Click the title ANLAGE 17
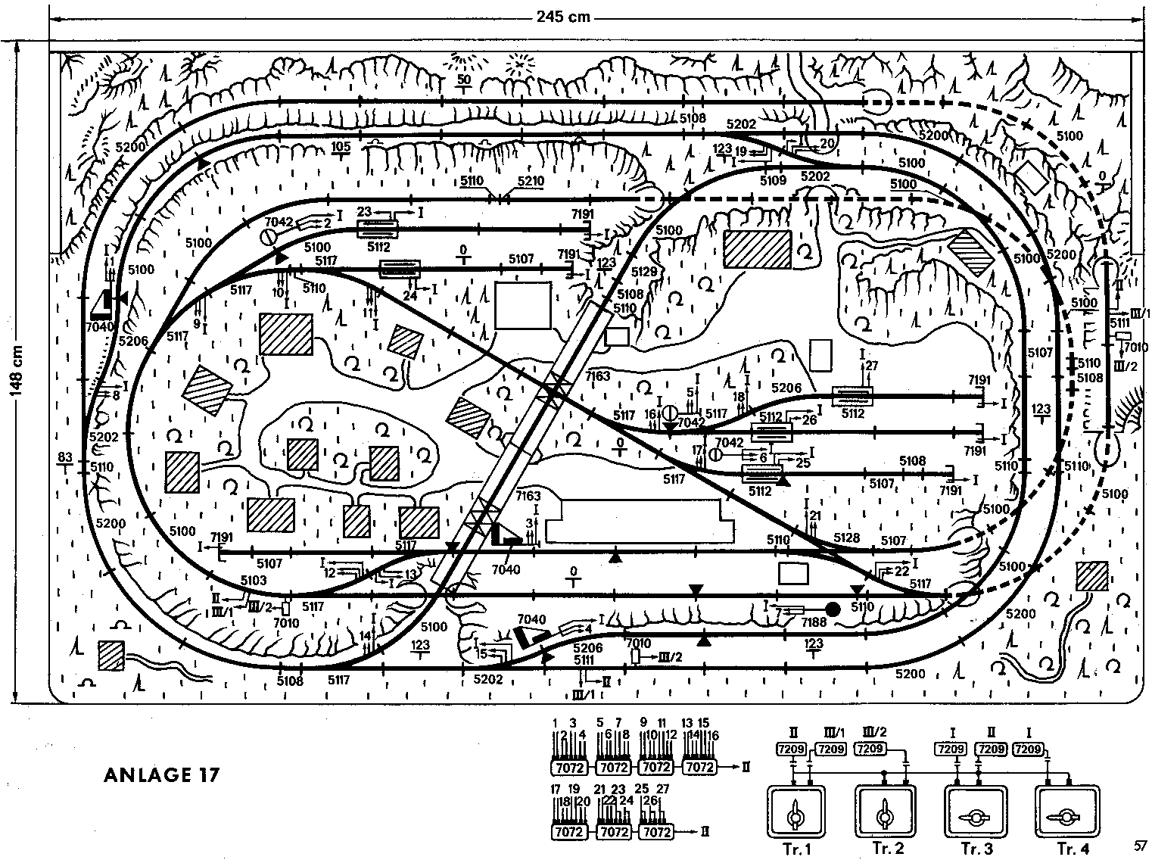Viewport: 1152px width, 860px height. pos(161,776)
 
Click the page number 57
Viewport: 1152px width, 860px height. pos(1141,844)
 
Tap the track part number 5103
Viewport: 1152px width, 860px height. pos(254,581)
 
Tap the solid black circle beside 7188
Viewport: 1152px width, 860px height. pos(833,609)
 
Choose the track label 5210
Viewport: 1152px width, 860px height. pos(531,182)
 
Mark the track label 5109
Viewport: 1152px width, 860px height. pos(773,180)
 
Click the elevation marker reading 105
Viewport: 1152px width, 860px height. pos(340,146)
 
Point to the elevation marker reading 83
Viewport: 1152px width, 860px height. pos(64,457)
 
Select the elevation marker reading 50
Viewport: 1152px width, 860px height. pos(464,79)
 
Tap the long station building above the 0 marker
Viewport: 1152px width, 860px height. pos(639,520)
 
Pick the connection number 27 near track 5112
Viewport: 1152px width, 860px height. pos(871,366)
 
